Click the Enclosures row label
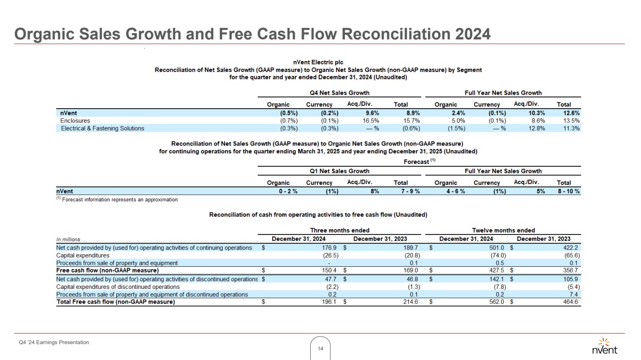[75, 121]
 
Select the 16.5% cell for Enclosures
[370, 121]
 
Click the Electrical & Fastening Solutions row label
[102, 128]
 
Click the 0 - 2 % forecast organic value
[285, 191]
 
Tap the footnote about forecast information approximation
[117, 199]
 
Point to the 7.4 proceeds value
[574, 294]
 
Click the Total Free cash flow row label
[115, 302]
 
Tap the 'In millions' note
[68, 239]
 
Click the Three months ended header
[339, 230]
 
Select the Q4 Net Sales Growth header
[339, 93]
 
